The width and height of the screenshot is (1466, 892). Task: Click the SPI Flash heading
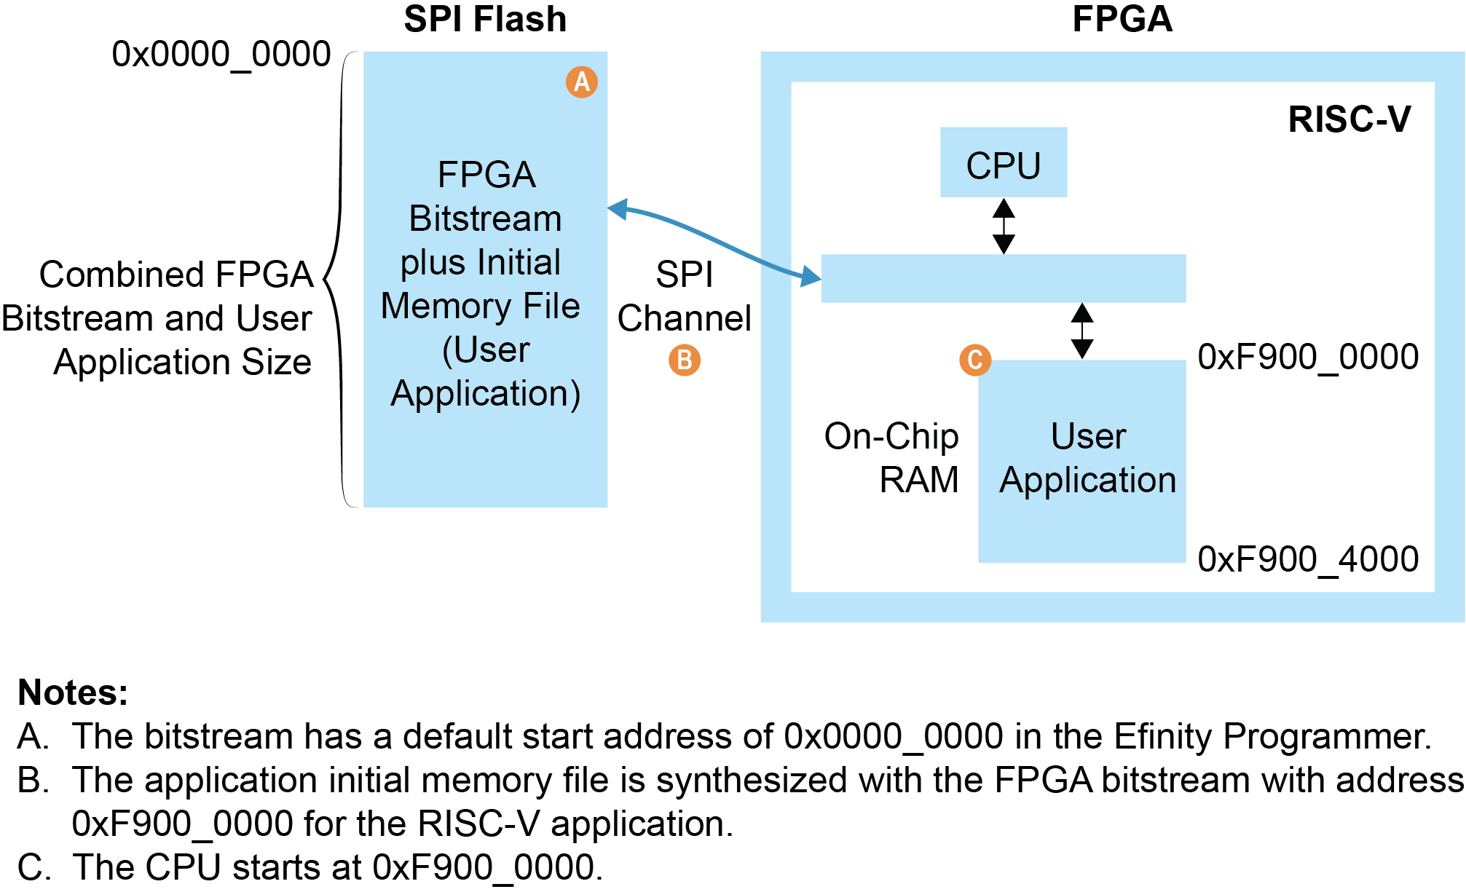pos(485,20)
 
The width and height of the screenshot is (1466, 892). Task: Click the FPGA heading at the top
pos(1122,20)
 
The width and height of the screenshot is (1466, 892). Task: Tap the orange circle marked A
pos(582,82)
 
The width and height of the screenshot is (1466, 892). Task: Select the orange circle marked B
pos(685,360)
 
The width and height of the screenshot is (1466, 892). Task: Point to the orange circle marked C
pos(975,360)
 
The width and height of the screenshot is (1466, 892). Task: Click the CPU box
pos(1003,162)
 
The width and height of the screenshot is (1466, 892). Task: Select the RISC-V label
pos(1349,119)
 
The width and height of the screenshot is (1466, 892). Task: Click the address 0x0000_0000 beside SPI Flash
pos(221,55)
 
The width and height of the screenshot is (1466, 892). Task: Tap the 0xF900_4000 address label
pos(1308,559)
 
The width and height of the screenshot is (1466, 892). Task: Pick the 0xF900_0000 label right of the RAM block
pos(1308,358)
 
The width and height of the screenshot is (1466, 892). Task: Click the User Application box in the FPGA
pos(1082,460)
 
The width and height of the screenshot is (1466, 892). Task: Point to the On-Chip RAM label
pos(892,458)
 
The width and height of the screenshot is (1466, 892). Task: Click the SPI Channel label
pos(685,296)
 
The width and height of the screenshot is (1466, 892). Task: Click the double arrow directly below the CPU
pos(1004,226)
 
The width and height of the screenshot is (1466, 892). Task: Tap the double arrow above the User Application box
pos(1082,331)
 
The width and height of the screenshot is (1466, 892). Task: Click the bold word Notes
pos(73,692)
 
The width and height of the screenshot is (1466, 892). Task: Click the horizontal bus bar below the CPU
pos(1003,278)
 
